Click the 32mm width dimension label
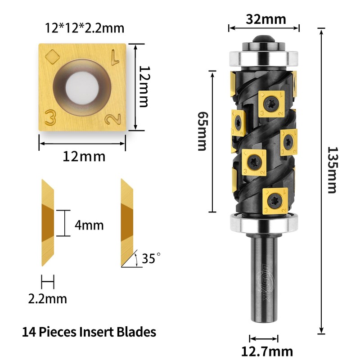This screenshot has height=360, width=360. (266, 19)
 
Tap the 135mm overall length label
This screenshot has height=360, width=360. (332, 170)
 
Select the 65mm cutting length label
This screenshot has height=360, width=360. (202, 131)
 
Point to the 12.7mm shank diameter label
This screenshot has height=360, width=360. (267, 351)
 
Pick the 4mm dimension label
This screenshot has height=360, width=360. (89, 225)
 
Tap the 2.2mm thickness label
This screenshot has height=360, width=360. (48, 299)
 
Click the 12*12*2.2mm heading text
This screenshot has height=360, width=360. (85, 28)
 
